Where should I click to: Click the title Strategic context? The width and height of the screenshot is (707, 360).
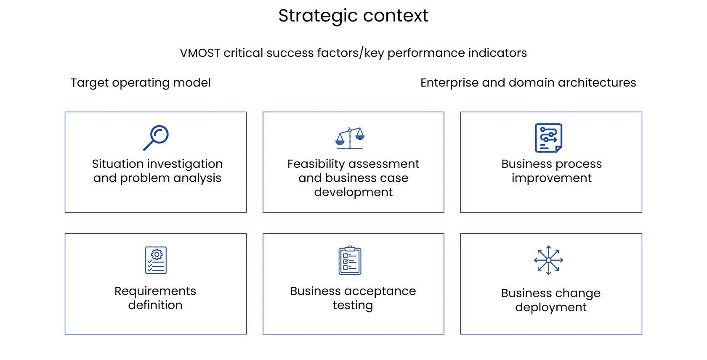[353, 16]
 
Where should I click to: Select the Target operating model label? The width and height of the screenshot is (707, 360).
[141, 83]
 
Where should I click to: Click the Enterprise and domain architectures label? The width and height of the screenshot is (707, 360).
[528, 83]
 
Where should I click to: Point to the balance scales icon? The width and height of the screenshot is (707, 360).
[350, 138]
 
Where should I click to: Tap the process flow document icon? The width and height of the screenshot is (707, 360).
[549, 138]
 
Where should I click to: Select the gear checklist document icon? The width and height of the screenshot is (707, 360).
[156, 260]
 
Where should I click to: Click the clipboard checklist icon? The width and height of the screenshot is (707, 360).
[350, 260]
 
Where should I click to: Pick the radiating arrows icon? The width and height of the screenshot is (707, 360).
[549, 260]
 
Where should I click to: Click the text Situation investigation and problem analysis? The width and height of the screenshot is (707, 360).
[157, 171]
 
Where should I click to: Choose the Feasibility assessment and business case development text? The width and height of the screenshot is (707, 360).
[353, 178]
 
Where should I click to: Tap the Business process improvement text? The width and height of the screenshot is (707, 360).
[551, 171]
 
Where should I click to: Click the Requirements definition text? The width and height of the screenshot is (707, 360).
[155, 298]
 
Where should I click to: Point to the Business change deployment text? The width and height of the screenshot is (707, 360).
[551, 300]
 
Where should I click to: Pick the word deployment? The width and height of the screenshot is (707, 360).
[551, 307]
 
